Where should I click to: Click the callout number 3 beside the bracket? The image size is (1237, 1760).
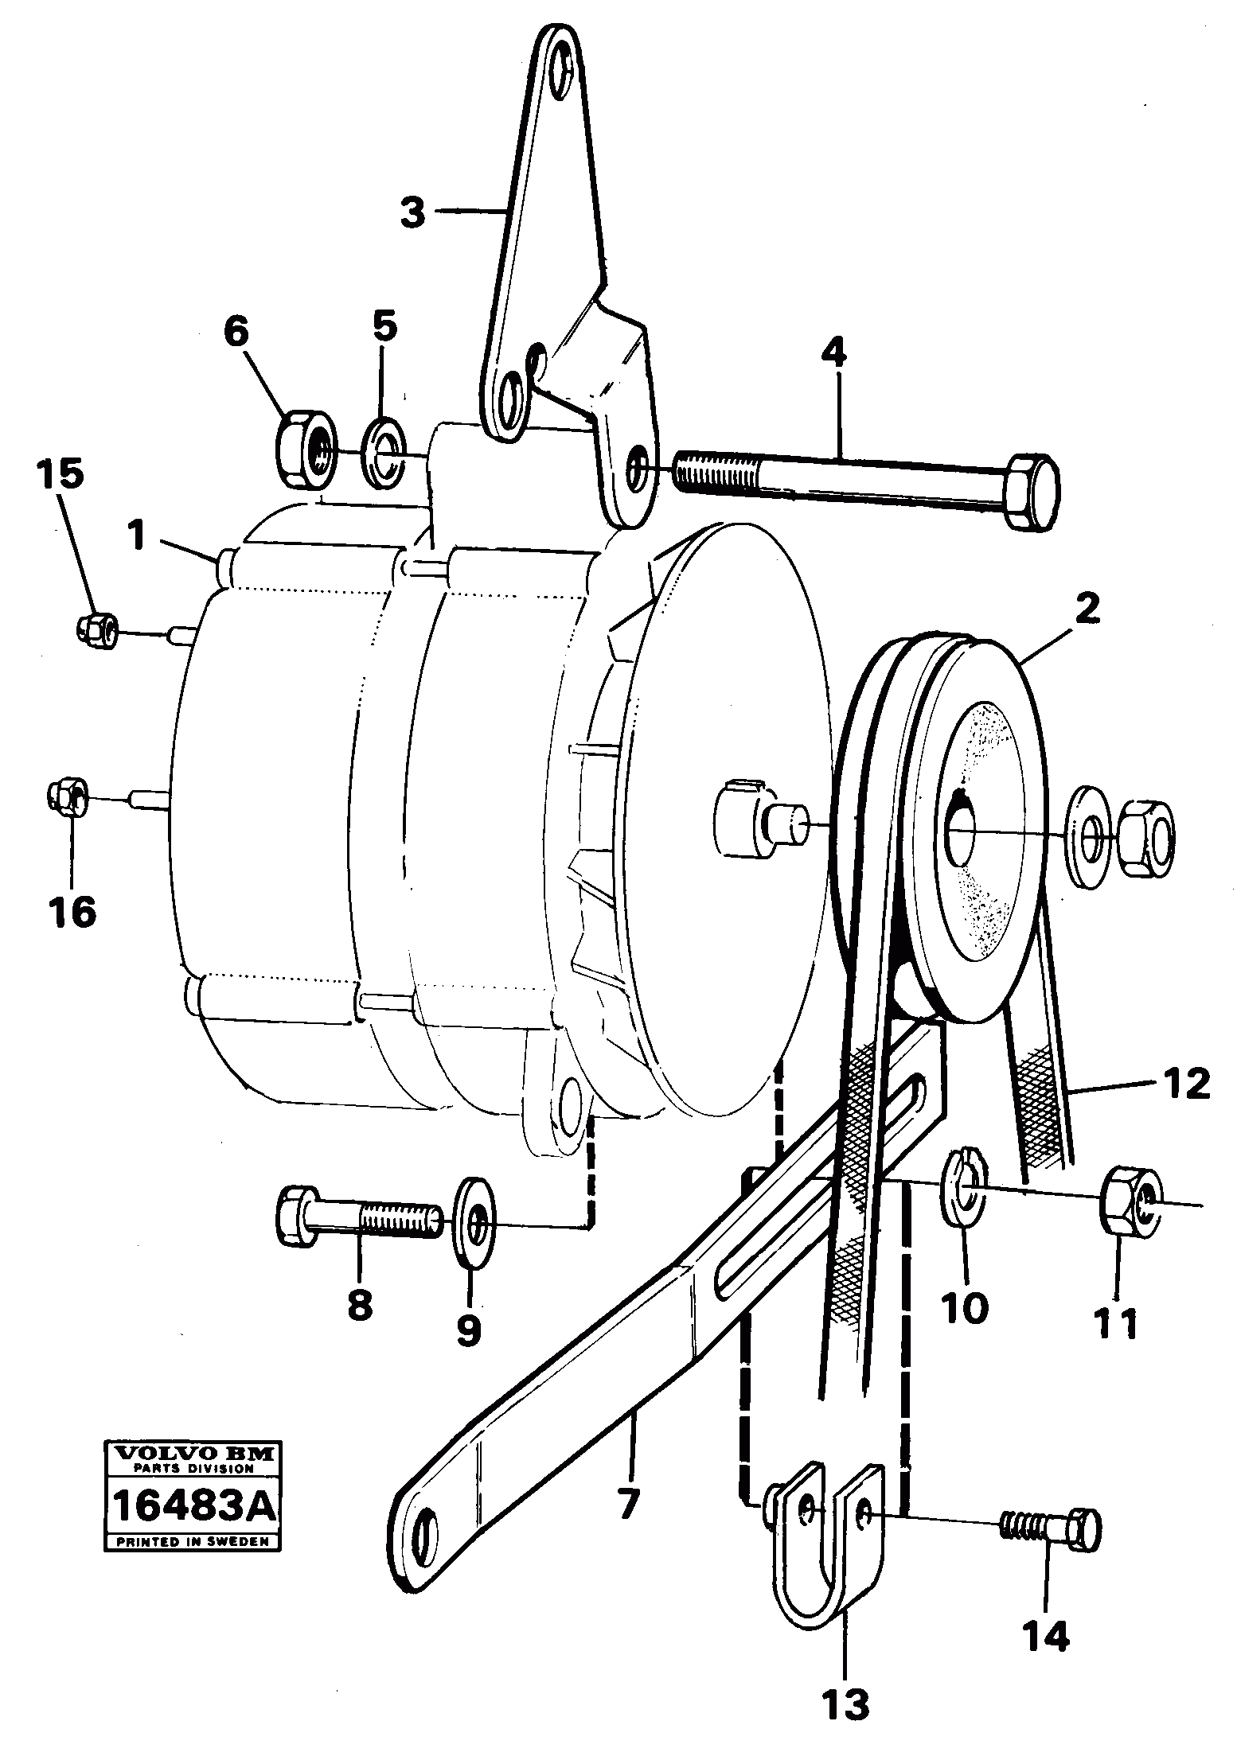(412, 212)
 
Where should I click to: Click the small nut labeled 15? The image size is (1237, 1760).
(96, 630)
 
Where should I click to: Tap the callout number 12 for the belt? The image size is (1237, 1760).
(1184, 1084)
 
